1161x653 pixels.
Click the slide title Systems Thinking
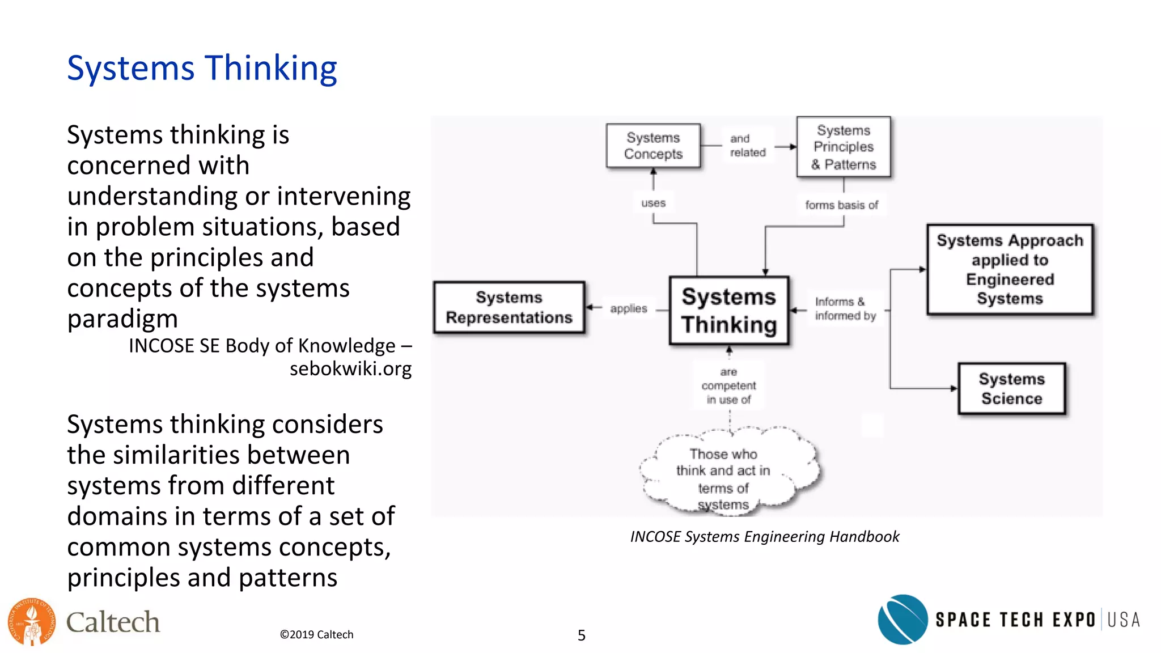click(202, 68)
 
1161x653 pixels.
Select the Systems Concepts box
click(653, 146)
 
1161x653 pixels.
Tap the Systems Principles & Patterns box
click(844, 147)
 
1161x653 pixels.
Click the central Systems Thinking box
click(728, 311)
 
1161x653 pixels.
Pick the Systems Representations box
click(509, 307)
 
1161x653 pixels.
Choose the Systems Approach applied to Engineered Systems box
click(1010, 269)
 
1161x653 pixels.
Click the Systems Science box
click(1012, 389)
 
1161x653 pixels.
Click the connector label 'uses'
click(653, 203)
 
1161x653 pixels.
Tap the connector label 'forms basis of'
click(841, 205)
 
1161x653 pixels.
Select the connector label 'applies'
click(628, 309)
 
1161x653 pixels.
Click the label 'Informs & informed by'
click(845, 309)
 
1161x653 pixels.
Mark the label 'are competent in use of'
click(728, 386)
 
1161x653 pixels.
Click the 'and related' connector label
click(747, 146)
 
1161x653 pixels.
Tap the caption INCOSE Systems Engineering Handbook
click(764, 537)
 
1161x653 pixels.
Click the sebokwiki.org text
click(350, 369)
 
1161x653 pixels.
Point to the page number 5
click(581, 635)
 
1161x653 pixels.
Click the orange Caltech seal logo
click(32, 622)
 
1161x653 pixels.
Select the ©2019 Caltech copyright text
click(316, 635)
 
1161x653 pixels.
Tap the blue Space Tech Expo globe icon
click(902, 620)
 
